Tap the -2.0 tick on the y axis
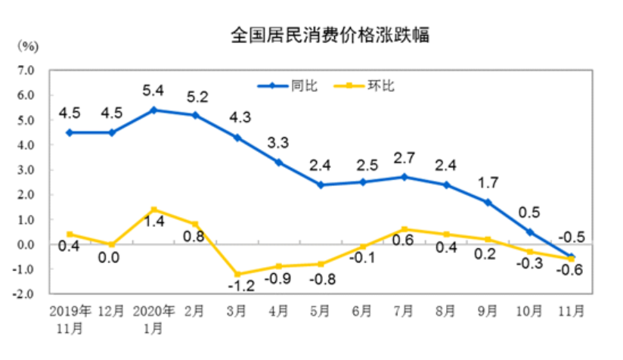point(26,294)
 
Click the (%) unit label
point(27,46)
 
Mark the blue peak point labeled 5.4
point(154,110)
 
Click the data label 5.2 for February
point(196,97)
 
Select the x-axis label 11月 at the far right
point(571,310)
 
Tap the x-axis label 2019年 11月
point(70,318)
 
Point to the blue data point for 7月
point(404,177)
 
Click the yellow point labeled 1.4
point(154,209)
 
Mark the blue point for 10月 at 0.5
point(529,232)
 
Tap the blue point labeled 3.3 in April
point(279,162)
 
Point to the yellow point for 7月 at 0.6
point(404,229)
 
